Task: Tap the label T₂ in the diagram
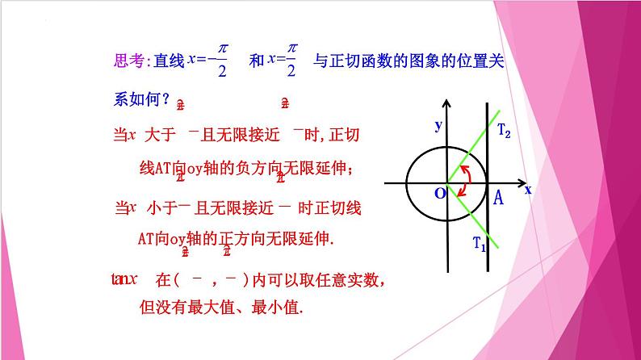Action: coord(504,130)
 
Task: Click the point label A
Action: coord(498,199)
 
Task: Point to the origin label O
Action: coord(439,195)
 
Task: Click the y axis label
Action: coord(438,125)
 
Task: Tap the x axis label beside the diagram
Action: coord(528,189)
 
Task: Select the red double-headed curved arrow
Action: coord(464,180)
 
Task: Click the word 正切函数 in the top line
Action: coord(366,61)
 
